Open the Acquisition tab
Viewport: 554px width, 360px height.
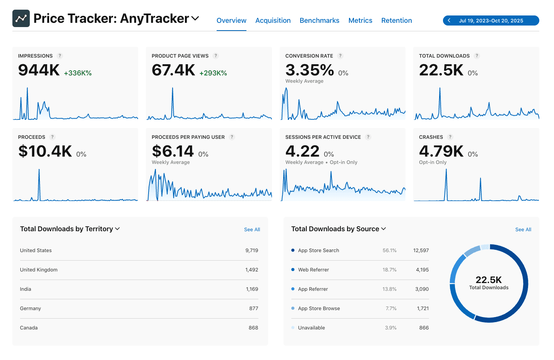click(x=273, y=20)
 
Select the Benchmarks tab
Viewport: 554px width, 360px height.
click(x=319, y=20)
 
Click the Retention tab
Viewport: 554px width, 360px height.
click(x=396, y=20)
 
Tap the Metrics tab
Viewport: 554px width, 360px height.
click(x=360, y=20)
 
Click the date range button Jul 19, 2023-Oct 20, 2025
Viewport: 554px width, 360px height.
click(x=491, y=20)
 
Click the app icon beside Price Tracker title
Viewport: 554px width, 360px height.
click(x=21, y=19)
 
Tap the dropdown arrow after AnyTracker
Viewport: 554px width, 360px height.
click(x=195, y=18)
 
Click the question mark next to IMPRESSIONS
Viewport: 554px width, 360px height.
click(x=60, y=56)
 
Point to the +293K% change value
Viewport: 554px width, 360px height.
click(x=213, y=73)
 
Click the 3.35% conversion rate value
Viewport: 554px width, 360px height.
click(x=309, y=70)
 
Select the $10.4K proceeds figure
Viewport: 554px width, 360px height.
click(x=45, y=152)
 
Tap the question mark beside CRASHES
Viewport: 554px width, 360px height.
click(x=450, y=137)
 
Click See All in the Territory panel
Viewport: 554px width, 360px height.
click(x=252, y=230)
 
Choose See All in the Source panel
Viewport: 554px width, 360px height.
click(x=523, y=230)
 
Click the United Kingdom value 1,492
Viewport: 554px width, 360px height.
click(x=251, y=270)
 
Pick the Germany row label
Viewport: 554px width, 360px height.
click(x=31, y=309)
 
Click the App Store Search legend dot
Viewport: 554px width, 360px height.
click(x=293, y=250)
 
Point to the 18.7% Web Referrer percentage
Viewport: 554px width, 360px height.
click(x=389, y=270)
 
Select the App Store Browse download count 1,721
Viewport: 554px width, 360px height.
click(x=422, y=309)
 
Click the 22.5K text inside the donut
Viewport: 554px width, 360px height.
click(x=489, y=280)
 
